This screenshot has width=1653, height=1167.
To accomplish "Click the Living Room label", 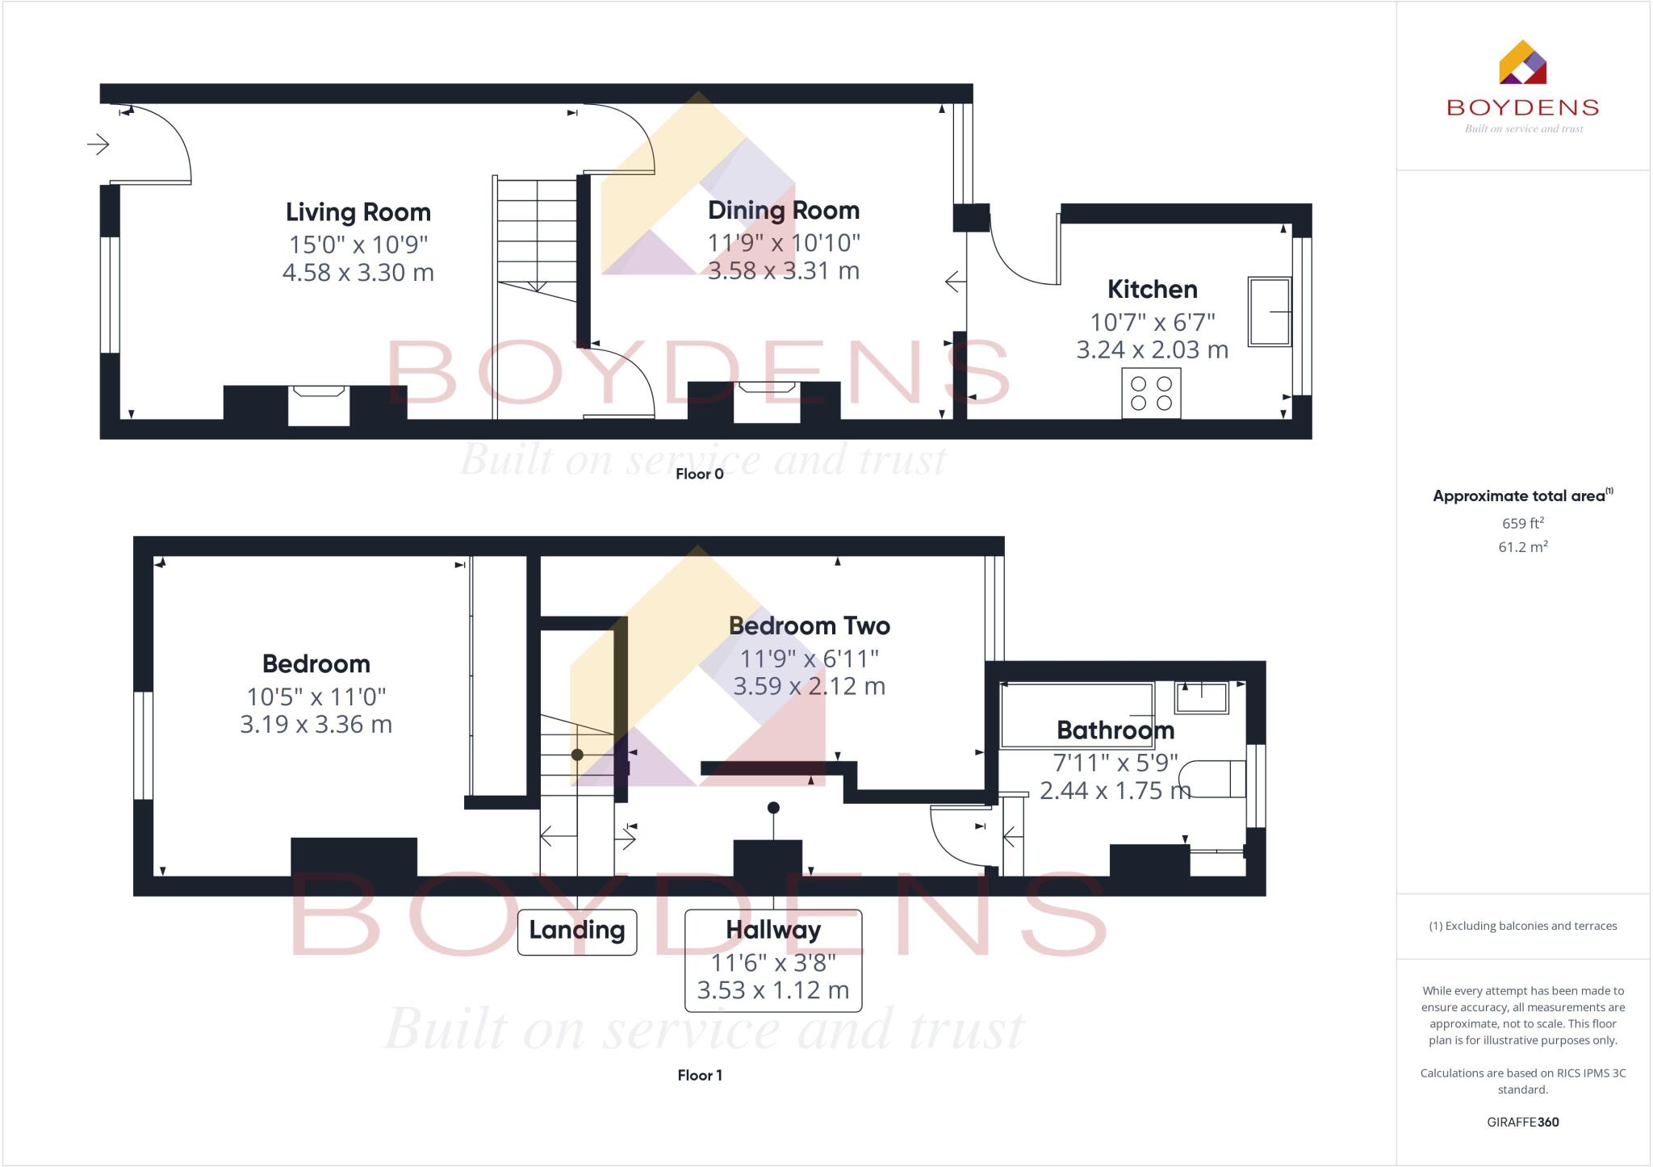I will click(358, 212).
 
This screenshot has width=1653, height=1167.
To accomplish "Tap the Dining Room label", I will click(783, 211).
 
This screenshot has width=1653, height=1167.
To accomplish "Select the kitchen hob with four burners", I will click(1151, 393).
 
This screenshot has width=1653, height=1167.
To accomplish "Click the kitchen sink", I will click(1270, 312).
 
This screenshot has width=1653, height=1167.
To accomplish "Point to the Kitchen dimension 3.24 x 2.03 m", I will click(1152, 349).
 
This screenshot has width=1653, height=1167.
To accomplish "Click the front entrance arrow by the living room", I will click(98, 144).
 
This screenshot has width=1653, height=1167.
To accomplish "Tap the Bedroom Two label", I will click(809, 625).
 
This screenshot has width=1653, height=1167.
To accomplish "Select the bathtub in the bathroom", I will click(1077, 715).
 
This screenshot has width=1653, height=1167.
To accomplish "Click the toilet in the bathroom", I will click(1218, 778).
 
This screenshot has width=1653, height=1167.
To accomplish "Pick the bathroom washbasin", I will click(1202, 698).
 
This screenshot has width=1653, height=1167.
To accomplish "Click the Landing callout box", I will click(576, 931).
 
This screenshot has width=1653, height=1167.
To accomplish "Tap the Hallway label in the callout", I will click(772, 930).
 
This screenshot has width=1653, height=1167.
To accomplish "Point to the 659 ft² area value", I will click(1522, 523).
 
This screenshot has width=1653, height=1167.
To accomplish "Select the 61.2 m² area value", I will click(1522, 547).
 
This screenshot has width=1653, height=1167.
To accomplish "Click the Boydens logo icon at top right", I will click(1522, 63).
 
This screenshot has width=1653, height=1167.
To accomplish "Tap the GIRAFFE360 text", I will click(1522, 1122).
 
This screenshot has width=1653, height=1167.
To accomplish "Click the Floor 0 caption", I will click(699, 474).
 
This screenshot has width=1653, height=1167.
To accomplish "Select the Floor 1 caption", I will click(699, 1075).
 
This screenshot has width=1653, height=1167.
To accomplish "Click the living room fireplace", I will click(319, 405).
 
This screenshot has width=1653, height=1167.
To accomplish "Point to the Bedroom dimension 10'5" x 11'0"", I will click(316, 696).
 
